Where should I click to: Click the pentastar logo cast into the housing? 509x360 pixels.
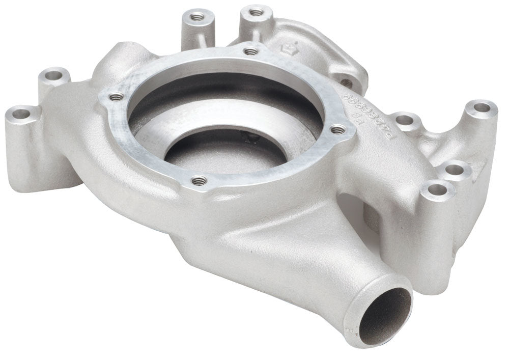(287, 48)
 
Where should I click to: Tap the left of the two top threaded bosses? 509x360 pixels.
(197, 17)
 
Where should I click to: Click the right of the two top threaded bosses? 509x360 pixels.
(256, 11)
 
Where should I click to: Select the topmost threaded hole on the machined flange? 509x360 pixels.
(250, 51)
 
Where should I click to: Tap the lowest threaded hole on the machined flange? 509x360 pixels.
(199, 180)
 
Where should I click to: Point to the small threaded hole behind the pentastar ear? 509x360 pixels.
(346, 82)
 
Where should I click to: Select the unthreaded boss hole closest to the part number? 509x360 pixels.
(404, 120)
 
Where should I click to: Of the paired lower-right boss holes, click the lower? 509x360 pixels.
(437, 190)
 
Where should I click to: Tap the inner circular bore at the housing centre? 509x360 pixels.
(224, 153)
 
